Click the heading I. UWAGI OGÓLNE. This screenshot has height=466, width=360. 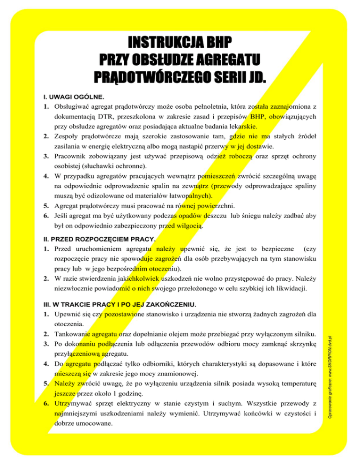(x=70, y=97)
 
